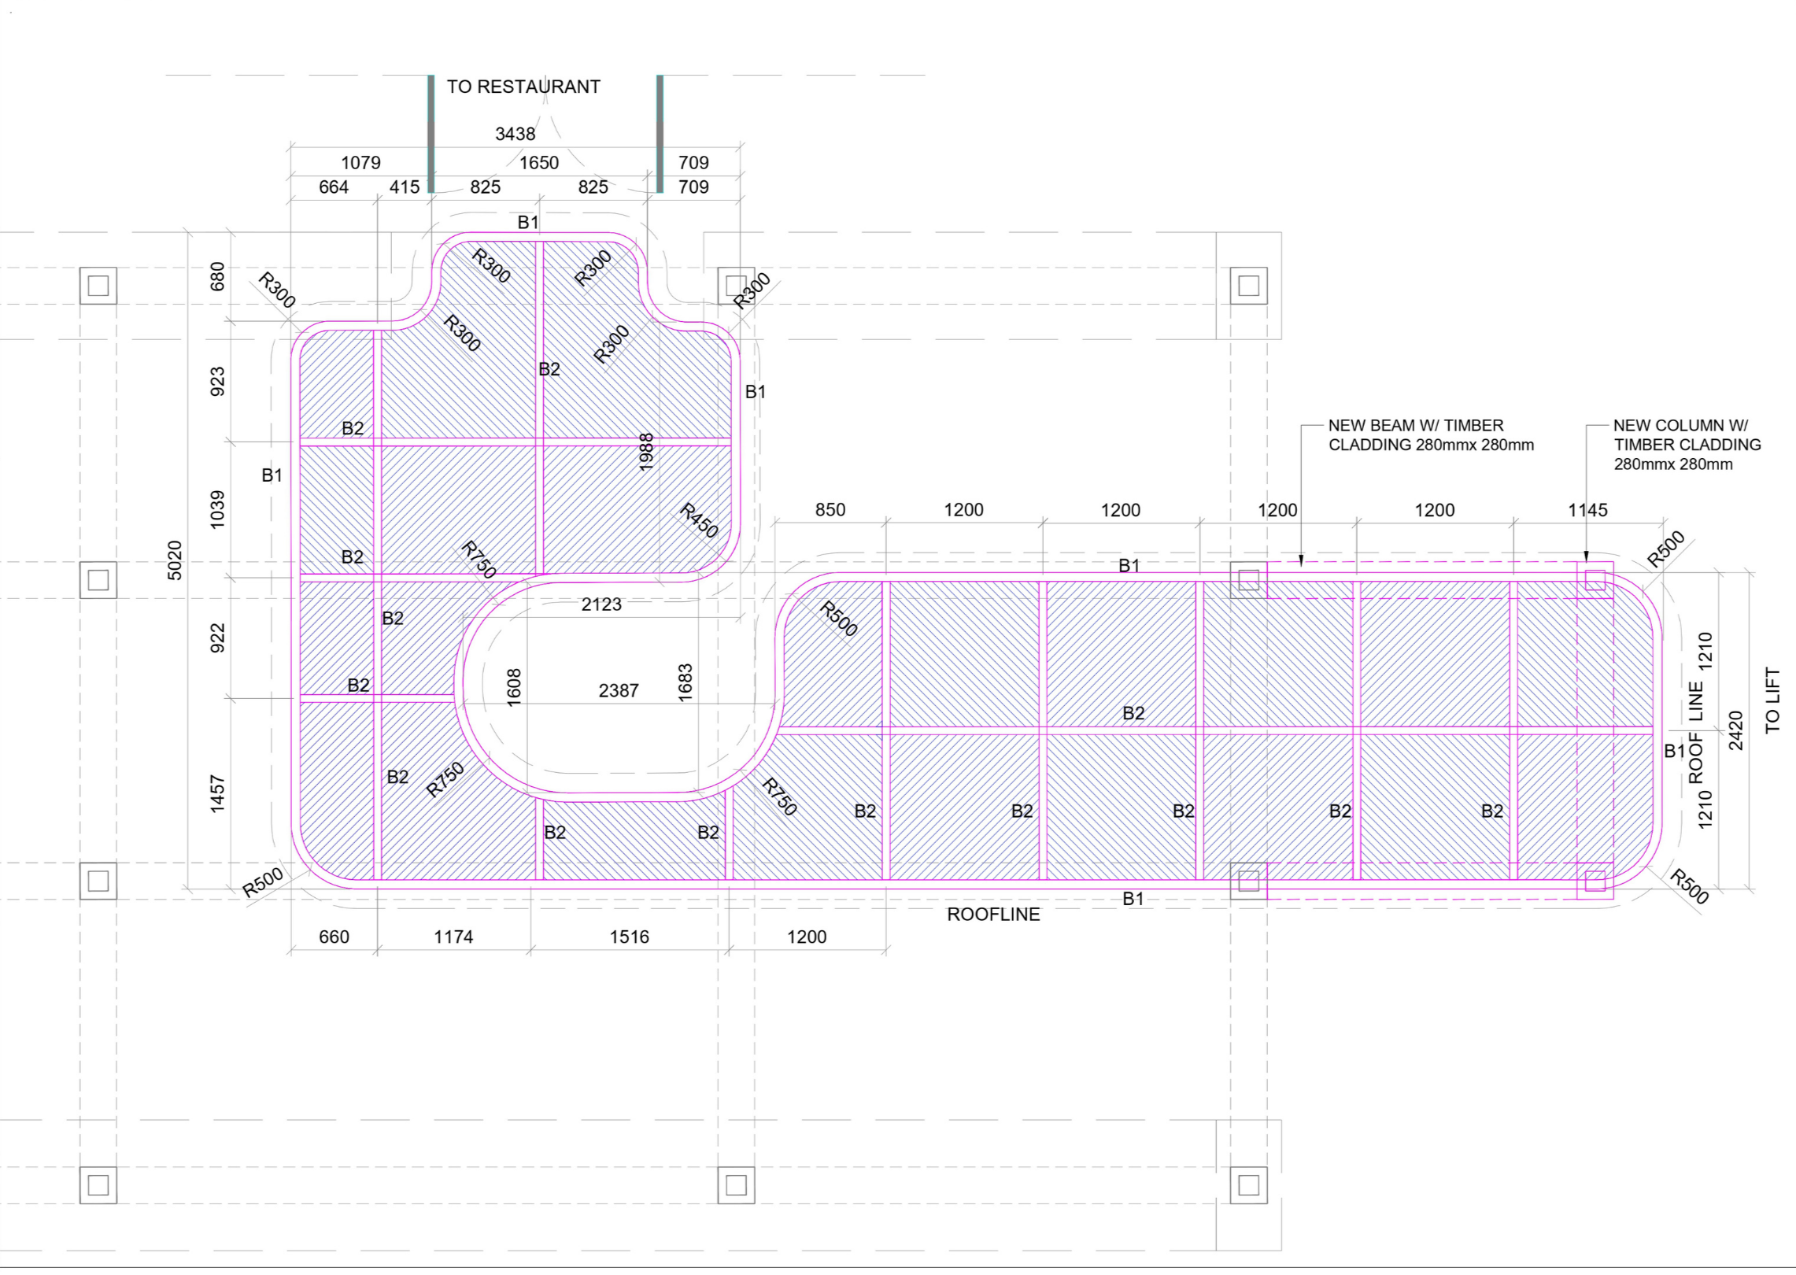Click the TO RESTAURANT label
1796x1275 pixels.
tap(523, 87)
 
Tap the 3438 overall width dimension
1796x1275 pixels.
tap(515, 134)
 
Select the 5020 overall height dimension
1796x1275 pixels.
tap(175, 560)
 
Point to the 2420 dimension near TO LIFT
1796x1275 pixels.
tap(1735, 730)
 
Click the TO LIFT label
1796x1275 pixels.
tap(1772, 700)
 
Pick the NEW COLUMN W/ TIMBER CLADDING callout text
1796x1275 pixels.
tap(1687, 445)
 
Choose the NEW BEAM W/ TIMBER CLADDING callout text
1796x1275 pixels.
tap(1430, 435)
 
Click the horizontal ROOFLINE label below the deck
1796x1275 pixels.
tap(993, 915)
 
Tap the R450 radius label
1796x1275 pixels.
tap(699, 520)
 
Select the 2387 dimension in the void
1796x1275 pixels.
tap(619, 691)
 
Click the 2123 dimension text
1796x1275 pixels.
tap(601, 604)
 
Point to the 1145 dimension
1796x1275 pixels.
tap(1587, 510)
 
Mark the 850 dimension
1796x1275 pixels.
tap(830, 510)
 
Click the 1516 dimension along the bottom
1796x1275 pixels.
tap(629, 937)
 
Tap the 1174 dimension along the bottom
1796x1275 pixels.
tap(453, 937)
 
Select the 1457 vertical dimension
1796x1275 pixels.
tap(217, 793)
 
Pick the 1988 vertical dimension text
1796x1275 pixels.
tap(646, 452)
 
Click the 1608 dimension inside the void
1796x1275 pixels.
tap(513, 687)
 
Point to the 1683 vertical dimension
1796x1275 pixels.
tap(685, 682)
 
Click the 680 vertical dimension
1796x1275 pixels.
tap(217, 276)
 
